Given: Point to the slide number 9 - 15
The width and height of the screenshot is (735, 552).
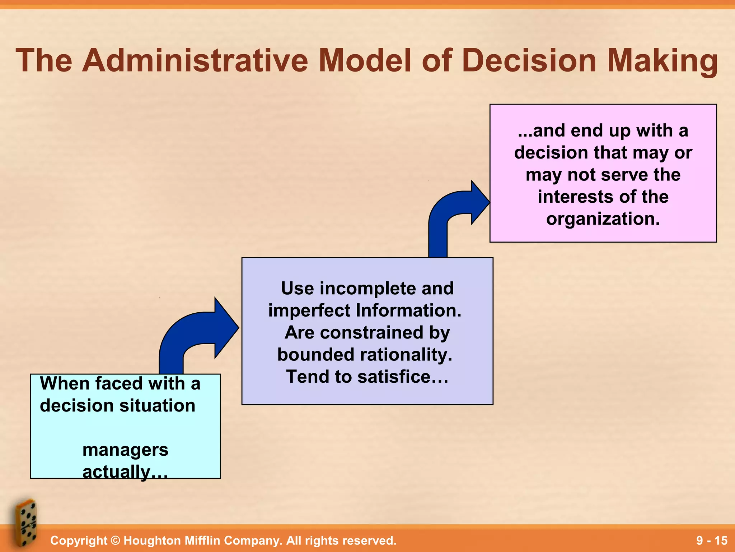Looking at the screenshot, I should point(711,540).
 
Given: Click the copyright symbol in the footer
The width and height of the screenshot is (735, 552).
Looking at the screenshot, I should point(115,540).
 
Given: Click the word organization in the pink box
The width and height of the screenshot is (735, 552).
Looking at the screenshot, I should point(603,219).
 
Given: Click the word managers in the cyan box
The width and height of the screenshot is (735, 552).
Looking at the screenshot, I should point(125,450).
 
